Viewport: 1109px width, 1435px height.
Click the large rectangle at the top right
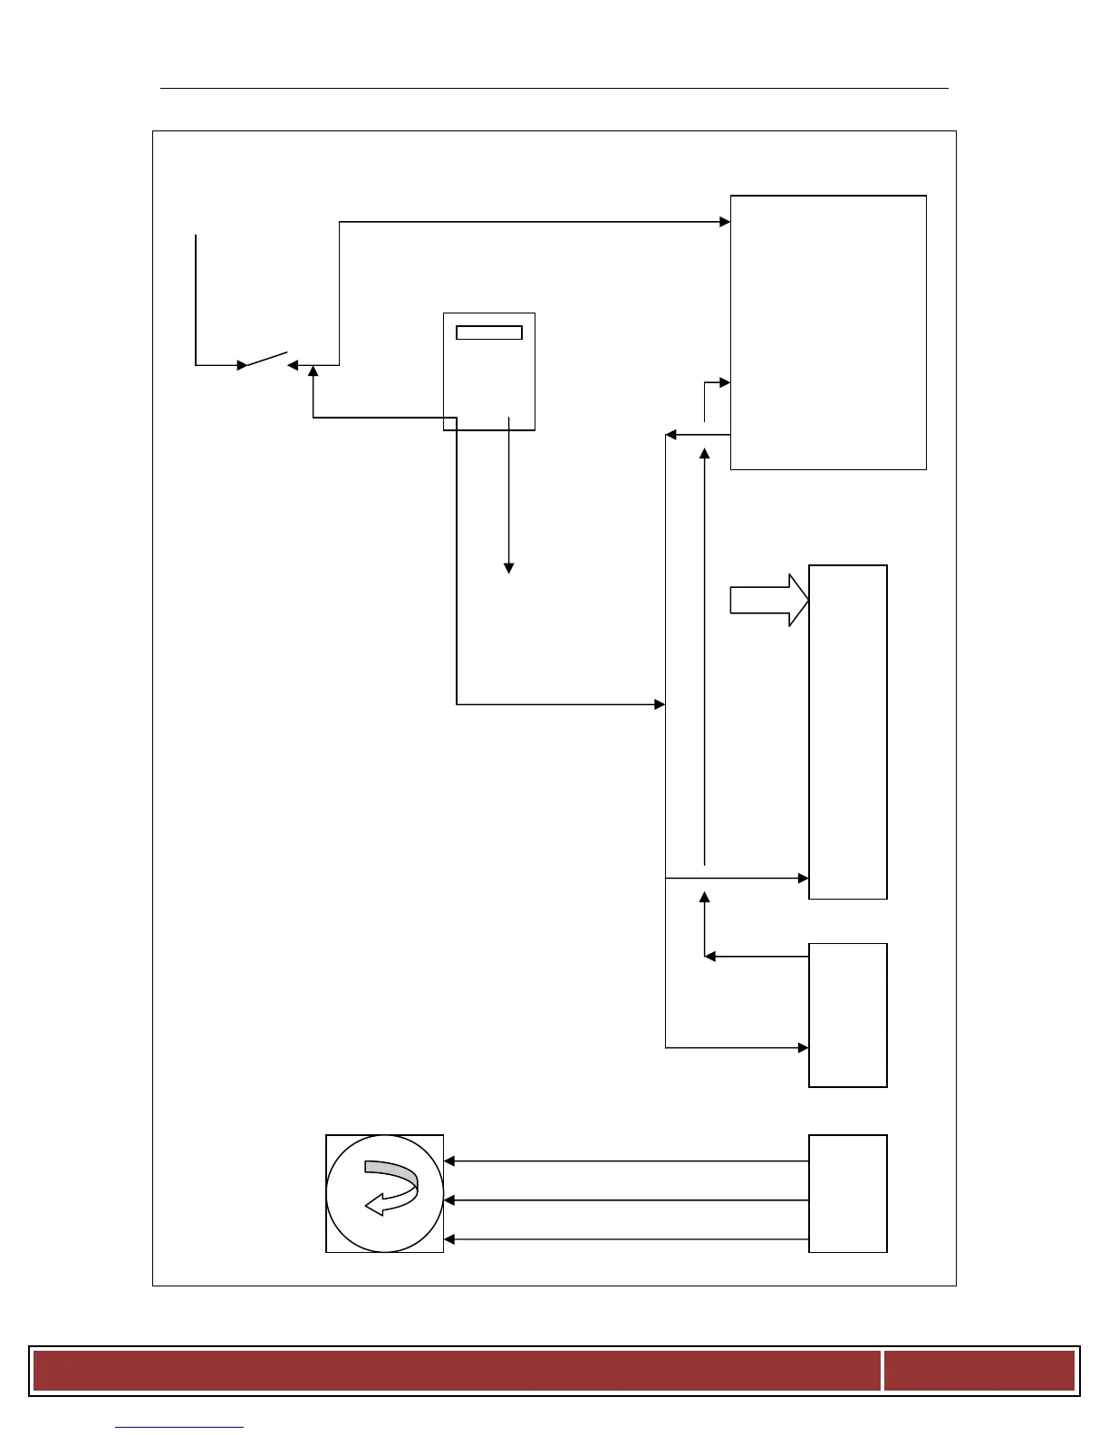[x=828, y=332]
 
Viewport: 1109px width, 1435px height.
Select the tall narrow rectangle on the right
[x=847, y=731]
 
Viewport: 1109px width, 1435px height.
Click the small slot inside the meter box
[x=488, y=332]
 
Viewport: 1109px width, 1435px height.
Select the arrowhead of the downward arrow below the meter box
[x=509, y=568]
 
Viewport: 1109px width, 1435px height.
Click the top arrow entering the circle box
[x=449, y=1161]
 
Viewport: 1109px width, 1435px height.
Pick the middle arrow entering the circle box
[x=449, y=1200]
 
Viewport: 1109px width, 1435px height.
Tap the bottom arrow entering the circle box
[x=449, y=1239]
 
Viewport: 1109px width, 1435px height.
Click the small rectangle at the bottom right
[x=847, y=1193]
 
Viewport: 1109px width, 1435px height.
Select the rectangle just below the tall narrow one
[x=847, y=1015]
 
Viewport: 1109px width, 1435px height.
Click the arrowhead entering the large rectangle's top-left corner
[x=725, y=221]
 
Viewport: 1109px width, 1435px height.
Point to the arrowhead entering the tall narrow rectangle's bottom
[x=803, y=878]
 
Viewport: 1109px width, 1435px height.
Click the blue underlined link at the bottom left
[x=179, y=1428]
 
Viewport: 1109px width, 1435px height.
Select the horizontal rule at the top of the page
[x=554, y=88]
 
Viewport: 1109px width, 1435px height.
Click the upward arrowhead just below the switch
[x=313, y=371]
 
